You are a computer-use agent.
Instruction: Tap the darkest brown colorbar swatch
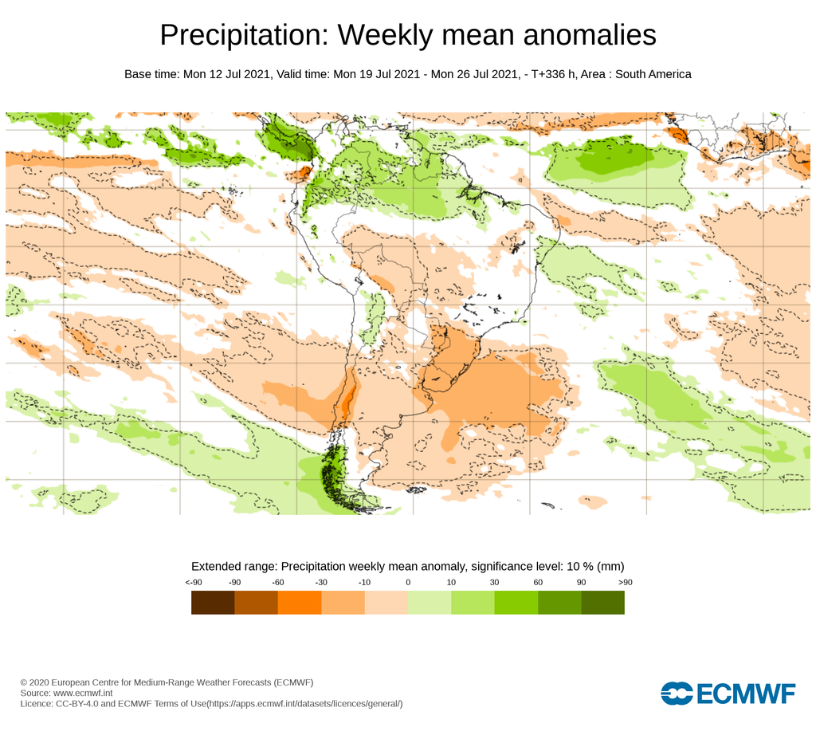213,603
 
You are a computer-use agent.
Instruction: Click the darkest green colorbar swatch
602,603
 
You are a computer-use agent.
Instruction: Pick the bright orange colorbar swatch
299,603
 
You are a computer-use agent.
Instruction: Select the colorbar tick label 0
408,583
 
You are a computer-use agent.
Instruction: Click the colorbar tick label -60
278,583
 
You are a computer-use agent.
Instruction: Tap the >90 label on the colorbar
624,583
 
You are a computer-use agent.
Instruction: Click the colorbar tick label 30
494,583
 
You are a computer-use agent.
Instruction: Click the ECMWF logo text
746,694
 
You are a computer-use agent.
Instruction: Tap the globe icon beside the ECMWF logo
677,694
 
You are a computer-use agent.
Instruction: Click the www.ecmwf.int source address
84,694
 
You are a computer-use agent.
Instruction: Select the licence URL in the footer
305,704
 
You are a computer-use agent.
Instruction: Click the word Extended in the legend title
217,566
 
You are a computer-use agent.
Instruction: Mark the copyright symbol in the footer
24,683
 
